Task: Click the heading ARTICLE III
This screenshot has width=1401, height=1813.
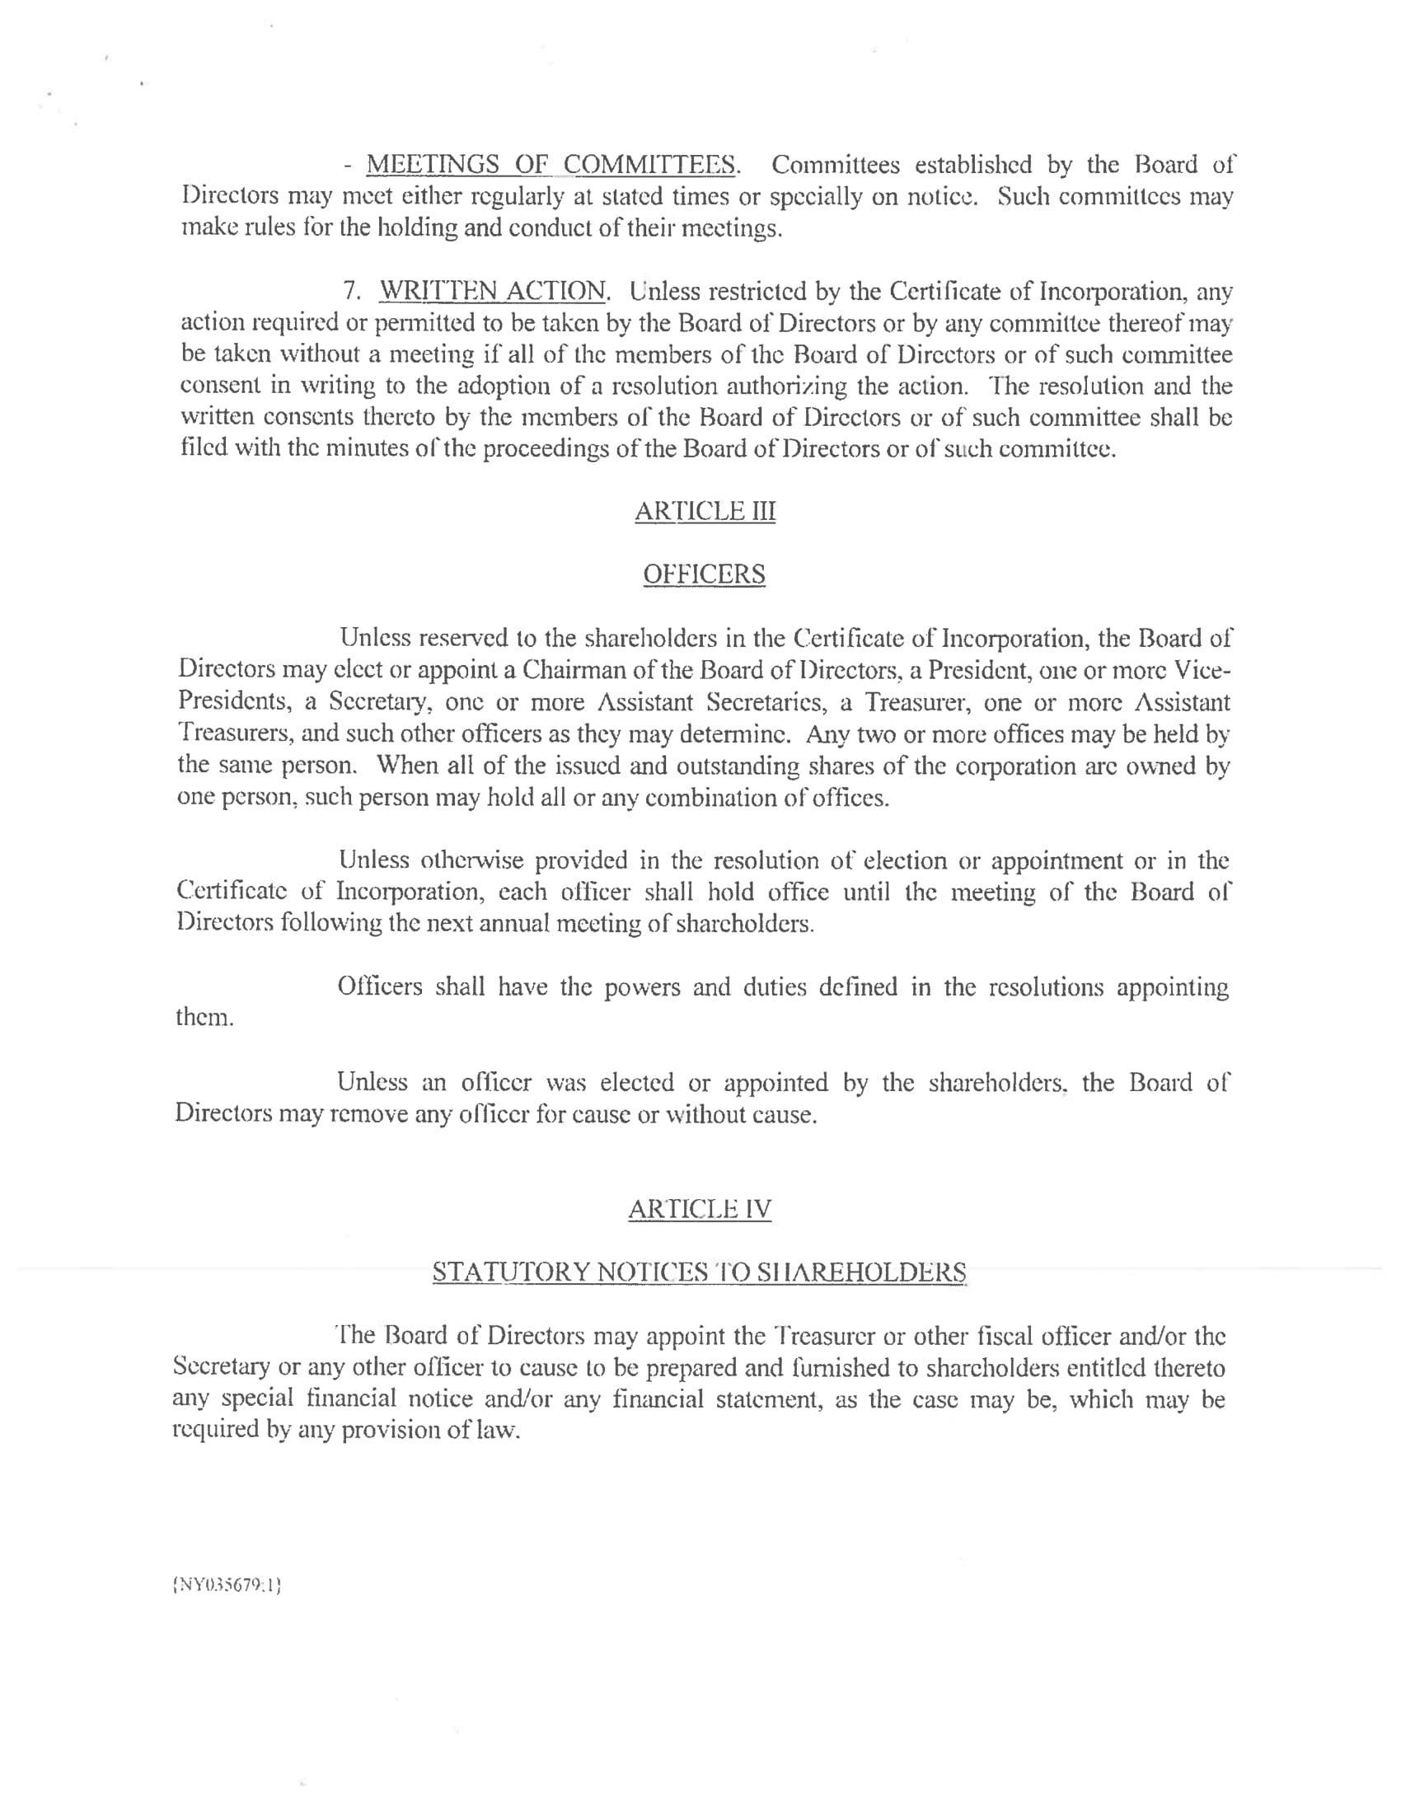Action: pyautogui.click(x=705, y=511)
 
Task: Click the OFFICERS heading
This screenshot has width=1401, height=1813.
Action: pyautogui.click(x=704, y=574)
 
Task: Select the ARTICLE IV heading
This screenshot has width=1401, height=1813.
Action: pyautogui.click(x=700, y=1209)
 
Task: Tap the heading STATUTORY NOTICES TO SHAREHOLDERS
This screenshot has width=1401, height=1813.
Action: pyautogui.click(x=699, y=1272)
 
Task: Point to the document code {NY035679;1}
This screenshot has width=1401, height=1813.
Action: pyautogui.click(x=226, y=1586)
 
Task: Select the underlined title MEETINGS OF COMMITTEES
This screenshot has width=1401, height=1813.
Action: pyautogui.click(x=552, y=164)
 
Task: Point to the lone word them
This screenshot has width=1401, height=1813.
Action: pyautogui.click(x=204, y=1018)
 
